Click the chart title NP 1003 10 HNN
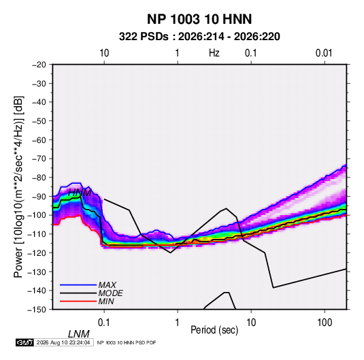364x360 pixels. [x=199, y=19]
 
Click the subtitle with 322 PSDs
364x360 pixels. [x=199, y=37]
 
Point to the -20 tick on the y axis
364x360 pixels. [x=39, y=65]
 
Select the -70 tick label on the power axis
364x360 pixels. [x=39, y=159]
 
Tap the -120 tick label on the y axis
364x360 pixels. [x=37, y=252]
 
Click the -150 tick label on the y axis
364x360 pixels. [x=37, y=310]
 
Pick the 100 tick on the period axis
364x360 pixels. [x=325, y=323]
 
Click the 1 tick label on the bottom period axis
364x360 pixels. [x=178, y=323]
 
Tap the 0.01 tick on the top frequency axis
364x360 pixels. [x=324, y=53]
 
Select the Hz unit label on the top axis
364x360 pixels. [x=214, y=53]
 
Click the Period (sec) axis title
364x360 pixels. [x=214, y=330]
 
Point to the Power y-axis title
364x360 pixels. [x=18, y=187]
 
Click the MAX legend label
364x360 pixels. [x=107, y=284]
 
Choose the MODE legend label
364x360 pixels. [x=110, y=293]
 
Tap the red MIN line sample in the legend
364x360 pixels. [x=78, y=301]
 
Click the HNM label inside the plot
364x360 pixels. [x=80, y=193]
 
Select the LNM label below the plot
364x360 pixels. [x=79, y=334]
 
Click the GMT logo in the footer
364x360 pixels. [x=24, y=342]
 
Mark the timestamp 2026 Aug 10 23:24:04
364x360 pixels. [x=63, y=342]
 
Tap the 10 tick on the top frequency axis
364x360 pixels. [x=104, y=53]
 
